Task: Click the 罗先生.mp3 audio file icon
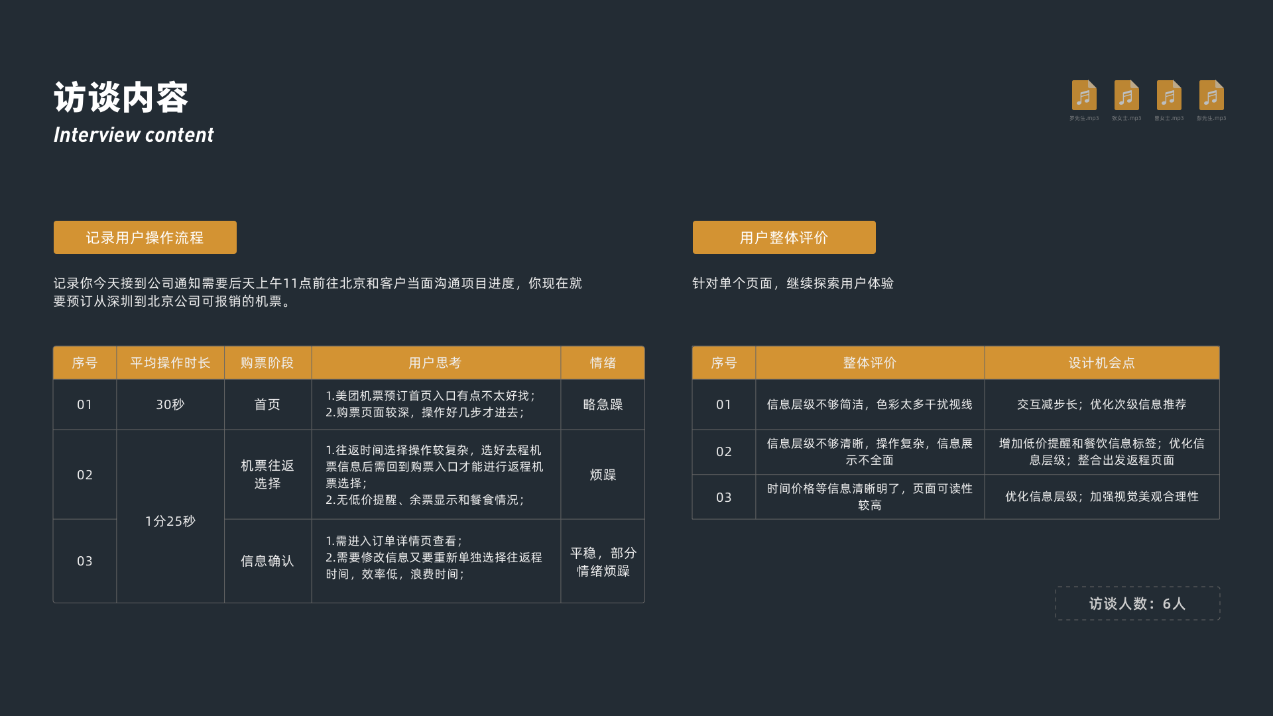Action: coord(1084,96)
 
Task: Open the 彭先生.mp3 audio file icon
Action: coord(1211,96)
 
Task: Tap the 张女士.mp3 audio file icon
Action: coord(1126,96)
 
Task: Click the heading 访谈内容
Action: coord(121,98)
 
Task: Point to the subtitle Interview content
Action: coord(133,135)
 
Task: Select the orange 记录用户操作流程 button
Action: coord(145,237)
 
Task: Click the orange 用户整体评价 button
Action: coord(784,237)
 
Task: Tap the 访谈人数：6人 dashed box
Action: coord(1137,603)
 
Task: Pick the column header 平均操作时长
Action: coord(170,363)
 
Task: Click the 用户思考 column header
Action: coord(435,363)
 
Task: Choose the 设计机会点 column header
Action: coord(1101,363)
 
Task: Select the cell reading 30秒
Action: coord(170,404)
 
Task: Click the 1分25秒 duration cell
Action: coord(170,521)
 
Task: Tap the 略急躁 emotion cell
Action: coord(603,404)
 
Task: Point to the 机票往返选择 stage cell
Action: coord(267,475)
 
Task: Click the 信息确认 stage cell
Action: coord(267,561)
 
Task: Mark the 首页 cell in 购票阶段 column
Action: coord(267,404)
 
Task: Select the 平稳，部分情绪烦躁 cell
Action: coord(603,562)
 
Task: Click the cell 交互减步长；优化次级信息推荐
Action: coord(1101,404)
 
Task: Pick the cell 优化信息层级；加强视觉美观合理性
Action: coord(1101,497)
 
